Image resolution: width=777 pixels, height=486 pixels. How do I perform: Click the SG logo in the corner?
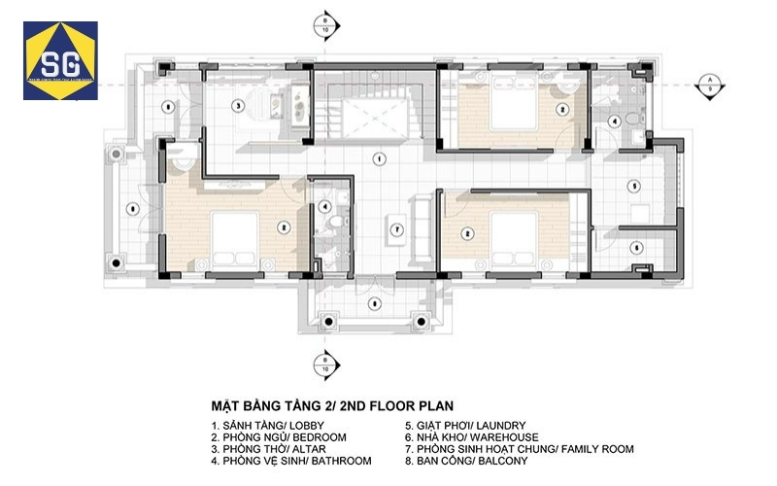60,61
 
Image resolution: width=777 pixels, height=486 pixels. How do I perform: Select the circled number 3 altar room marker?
236,104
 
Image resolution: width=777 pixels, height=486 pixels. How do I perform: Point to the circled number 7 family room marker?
396,229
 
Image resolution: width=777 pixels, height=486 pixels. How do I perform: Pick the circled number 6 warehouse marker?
635,247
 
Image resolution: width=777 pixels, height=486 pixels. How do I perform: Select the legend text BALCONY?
501,461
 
